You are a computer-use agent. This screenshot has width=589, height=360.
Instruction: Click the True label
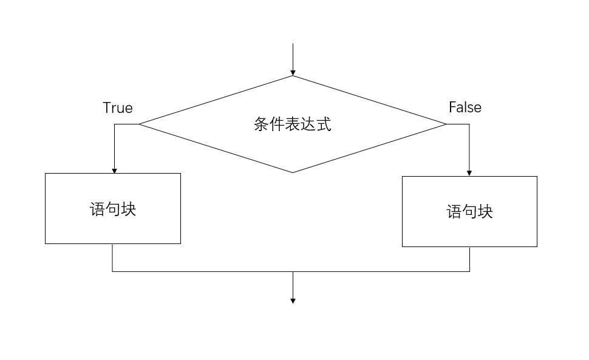[118, 108]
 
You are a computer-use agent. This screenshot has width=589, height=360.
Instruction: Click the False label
[465, 107]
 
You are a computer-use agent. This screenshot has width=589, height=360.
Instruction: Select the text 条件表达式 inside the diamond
[293, 124]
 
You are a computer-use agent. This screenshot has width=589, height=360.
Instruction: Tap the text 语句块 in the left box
[113, 209]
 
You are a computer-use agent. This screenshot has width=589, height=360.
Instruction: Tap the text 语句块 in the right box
[469, 212]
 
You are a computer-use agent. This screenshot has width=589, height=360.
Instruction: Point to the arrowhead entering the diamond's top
[293, 73]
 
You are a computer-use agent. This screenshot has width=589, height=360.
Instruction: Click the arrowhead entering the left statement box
[114, 171]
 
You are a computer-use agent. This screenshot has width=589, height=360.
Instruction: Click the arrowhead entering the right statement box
[469, 173]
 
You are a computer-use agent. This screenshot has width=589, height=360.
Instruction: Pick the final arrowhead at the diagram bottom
[293, 301]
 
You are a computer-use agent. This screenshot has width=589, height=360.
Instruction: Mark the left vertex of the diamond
[139, 124]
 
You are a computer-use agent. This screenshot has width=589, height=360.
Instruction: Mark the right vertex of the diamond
[447, 124]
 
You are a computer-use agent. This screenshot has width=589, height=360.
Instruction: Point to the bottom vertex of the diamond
[293, 172]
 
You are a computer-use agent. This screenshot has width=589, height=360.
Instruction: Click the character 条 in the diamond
[261, 124]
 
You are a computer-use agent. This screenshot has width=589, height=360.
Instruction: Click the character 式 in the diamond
[324, 124]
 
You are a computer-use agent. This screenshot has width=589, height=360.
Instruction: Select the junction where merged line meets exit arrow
[293, 271]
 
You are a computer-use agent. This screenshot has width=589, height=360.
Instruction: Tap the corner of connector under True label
[114, 124]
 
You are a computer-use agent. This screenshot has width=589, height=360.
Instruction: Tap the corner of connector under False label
[469, 124]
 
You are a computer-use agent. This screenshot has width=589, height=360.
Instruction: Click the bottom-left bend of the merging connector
[112, 271]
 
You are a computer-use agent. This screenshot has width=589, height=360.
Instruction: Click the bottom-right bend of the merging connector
[469, 271]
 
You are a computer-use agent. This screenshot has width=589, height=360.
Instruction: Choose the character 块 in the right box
[485, 212]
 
